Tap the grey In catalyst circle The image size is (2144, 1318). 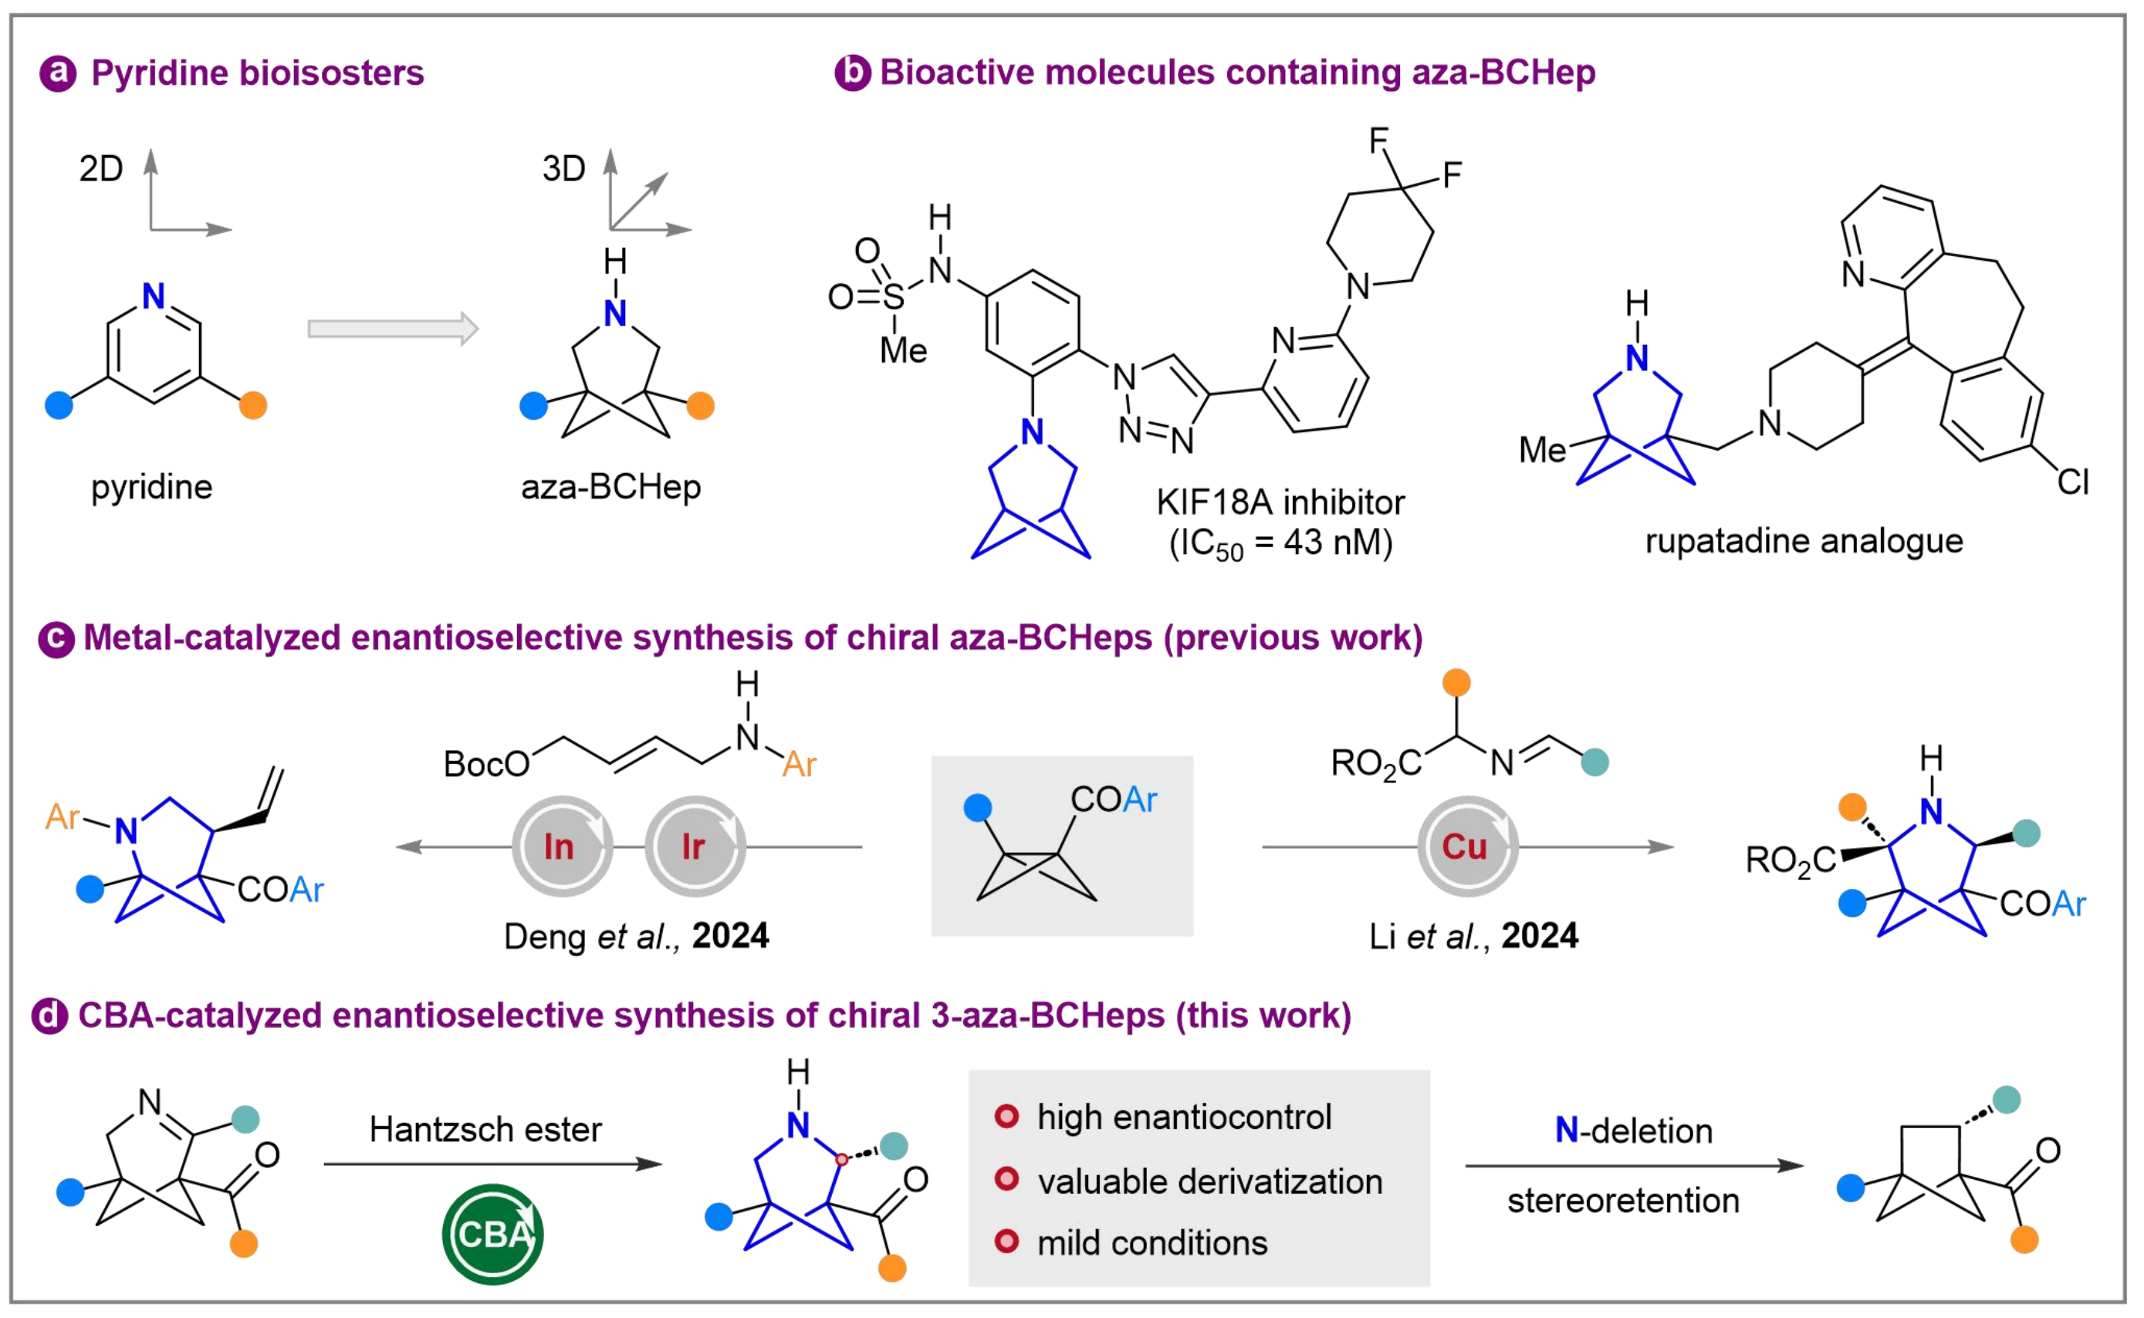coord(562,846)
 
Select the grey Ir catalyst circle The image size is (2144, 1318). coord(695,846)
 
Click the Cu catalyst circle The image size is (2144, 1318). coord(1468,846)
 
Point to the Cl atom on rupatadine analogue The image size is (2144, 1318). coord(2072,482)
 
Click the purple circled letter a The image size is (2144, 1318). coord(59,73)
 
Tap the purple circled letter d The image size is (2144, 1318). coord(49,1016)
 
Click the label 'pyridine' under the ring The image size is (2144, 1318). coord(151,487)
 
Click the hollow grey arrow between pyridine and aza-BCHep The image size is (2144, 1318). coord(393,329)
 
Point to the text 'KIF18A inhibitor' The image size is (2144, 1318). coord(1280,503)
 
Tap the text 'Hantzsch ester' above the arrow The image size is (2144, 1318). coord(485,1130)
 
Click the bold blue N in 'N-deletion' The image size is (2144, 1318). coord(1566,1130)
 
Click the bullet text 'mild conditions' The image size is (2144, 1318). coord(1152,1243)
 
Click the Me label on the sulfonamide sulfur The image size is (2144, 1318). coord(903,351)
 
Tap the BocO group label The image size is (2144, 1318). coord(486,765)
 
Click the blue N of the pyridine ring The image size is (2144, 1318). coord(154,296)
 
